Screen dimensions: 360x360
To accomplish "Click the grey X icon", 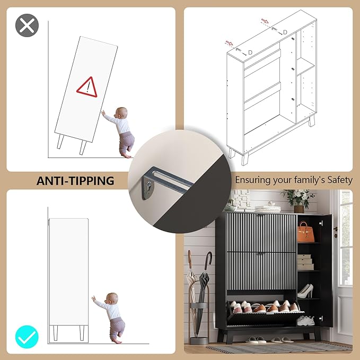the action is click(27, 25).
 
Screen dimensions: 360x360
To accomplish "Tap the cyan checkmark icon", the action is click(27, 337).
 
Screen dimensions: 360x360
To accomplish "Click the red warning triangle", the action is click(87, 87).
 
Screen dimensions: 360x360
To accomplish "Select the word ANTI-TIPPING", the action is click(75, 181).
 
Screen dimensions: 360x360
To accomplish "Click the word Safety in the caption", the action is click(340, 180).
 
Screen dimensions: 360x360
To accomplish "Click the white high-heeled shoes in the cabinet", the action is click(305, 291).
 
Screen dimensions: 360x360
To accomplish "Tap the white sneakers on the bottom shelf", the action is click(306, 321).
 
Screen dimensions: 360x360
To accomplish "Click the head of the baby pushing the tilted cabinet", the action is click(122, 113).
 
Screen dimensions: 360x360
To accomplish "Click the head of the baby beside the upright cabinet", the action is click(112, 299).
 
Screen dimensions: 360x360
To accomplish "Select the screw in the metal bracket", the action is click(149, 184).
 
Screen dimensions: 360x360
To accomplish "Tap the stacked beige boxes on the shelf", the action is click(305, 262).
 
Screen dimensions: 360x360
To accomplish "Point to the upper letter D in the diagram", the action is click(285, 32).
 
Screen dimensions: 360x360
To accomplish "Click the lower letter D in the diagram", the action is click(250, 52).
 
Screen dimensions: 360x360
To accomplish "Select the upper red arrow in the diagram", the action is click(265, 21).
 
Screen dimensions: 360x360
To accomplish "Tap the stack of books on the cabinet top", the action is click(268, 209).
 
